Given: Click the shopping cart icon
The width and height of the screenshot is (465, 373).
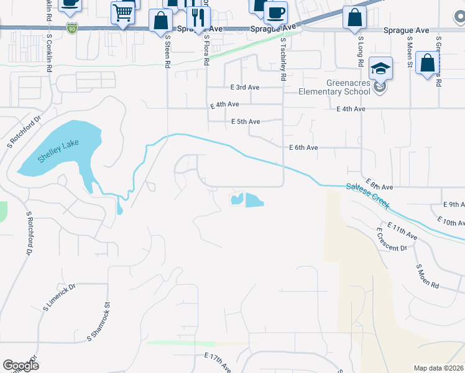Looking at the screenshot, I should [123, 12].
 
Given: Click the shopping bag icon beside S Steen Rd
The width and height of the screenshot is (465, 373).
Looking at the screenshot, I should [160, 20].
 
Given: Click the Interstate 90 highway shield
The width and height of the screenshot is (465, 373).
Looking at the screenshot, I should [73, 28].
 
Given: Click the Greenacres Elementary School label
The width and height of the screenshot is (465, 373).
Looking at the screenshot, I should [339, 87].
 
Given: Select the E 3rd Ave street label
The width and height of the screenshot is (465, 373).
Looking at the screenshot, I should [244, 88].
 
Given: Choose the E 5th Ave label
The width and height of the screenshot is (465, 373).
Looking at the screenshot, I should [245, 122].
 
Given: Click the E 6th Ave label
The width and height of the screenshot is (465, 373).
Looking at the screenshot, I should [304, 147].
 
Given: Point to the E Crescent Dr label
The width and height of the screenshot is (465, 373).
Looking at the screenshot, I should [391, 239].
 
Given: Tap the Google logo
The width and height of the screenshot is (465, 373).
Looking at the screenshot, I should [21, 366].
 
